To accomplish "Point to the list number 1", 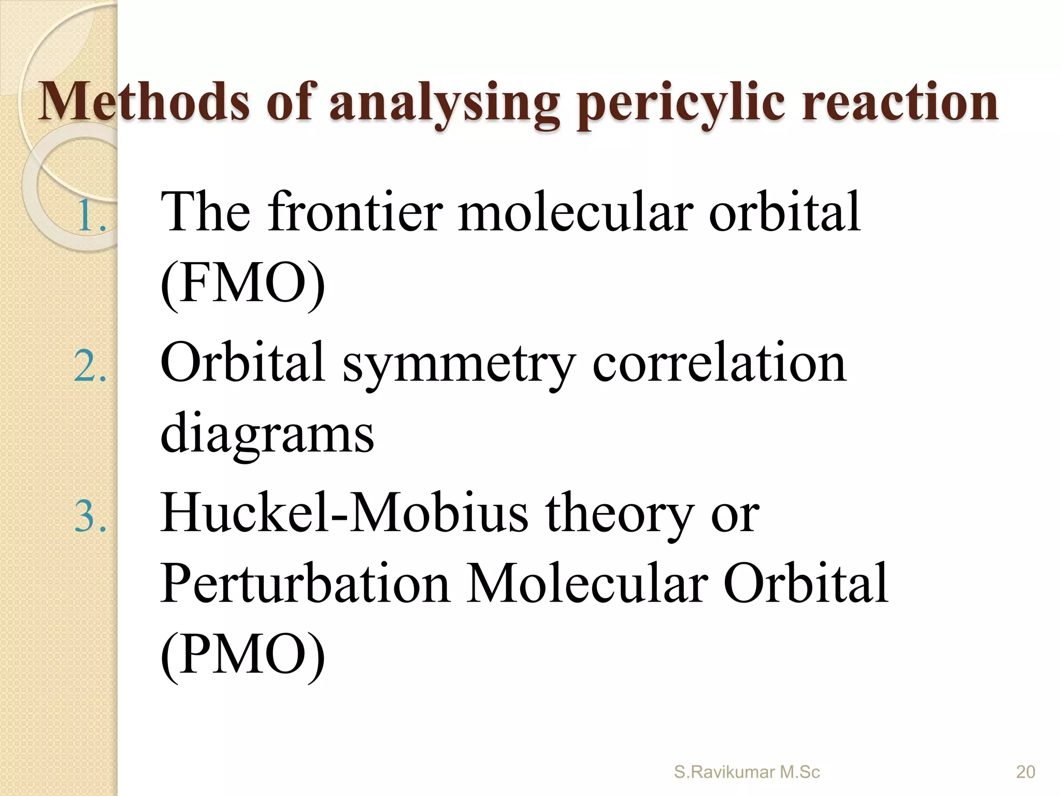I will tap(91, 216).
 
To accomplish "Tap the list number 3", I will tap(91, 517).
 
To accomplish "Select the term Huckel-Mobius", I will tap(344, 513).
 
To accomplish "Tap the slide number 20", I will tap(1025, 772).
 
